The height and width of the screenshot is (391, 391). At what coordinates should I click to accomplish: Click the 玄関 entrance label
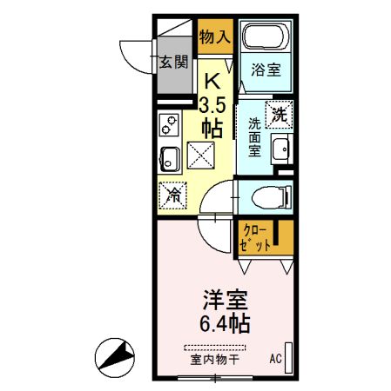173,62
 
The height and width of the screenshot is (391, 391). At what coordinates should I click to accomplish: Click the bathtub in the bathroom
266,36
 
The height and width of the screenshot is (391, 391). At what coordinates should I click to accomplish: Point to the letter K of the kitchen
211,83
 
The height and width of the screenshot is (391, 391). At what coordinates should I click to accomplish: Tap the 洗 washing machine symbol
279,113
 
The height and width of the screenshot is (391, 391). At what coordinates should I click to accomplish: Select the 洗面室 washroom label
255,137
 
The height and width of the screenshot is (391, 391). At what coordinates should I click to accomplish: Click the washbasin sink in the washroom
280,149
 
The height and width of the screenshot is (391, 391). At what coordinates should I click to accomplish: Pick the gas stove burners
168,128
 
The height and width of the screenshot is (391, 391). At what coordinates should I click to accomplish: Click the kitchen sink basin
169,160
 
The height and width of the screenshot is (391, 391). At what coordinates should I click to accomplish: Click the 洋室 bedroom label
224,302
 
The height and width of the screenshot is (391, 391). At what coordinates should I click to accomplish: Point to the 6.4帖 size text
224,325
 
